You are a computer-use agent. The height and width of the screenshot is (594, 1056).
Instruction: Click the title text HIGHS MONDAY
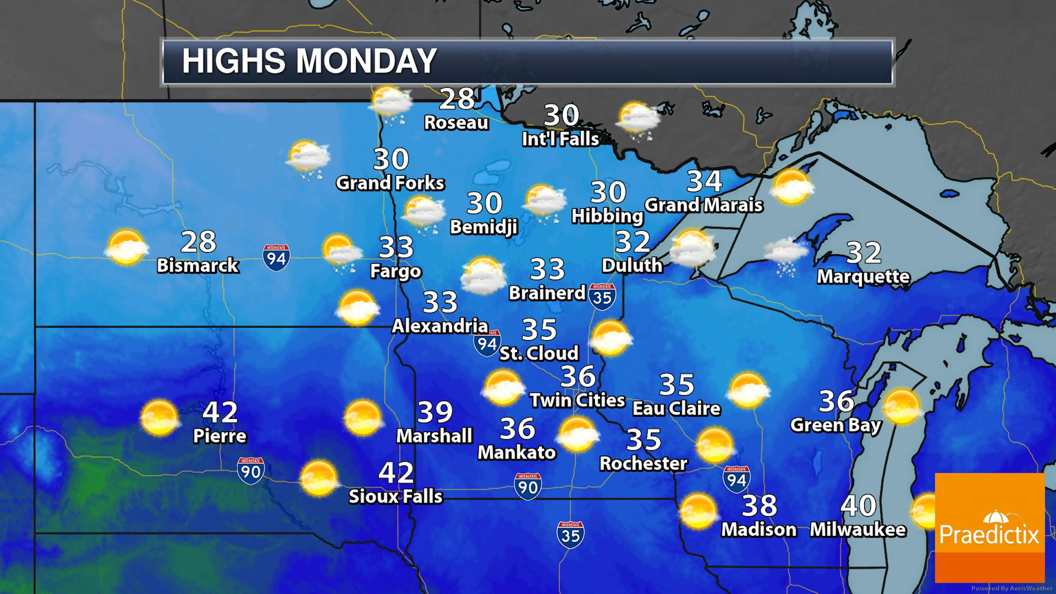pyautogui.click(x=309, y=61)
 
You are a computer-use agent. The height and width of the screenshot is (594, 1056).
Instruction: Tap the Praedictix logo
pyautogui.click(x=989, y=528)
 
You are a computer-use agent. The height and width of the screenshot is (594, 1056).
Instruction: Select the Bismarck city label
pyautogui.click(x=198, y=265)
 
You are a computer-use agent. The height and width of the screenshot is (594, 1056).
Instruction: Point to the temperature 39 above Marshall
pyautogui.click(x=435, y=412)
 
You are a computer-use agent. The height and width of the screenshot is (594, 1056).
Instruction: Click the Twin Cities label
pyautogui.click(x=577, y=400)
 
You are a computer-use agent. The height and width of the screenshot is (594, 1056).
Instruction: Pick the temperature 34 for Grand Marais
pyautogui.click(x=704, y=181)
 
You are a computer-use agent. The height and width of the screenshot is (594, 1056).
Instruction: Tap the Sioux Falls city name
pyautogui.click(x=396, y=496)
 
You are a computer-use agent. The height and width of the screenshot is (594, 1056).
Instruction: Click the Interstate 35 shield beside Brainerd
pyautogui.click(x=602, y=297)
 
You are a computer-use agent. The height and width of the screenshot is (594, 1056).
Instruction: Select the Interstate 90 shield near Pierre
pyautogui.click(x=251, y=470)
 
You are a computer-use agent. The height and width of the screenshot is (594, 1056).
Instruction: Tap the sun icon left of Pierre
pyautogui.click(x=159, y=417)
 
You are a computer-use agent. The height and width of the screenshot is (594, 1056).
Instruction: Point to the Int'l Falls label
pyautogui.click(x=561, y=139)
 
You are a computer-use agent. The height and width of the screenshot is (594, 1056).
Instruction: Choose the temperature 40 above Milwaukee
pyautogui.click(x=858, y=506)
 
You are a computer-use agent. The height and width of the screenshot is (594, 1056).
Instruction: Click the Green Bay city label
pyautogui.click(x=836, y=425)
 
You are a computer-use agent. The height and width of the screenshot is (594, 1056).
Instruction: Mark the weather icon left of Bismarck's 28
pyautogui.click(x=127, y=247)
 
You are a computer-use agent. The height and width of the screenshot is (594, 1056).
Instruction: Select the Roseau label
pyautogui.click(x=456, y=123)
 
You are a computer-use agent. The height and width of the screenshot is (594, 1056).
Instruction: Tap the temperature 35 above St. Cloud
pyautogui.click(x=539, y=329)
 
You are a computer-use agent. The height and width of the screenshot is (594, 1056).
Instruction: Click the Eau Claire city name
pyautogui.click(x=677, y=408)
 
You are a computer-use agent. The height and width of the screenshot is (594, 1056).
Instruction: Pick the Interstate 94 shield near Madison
pyautogui.click(x=737, y=479)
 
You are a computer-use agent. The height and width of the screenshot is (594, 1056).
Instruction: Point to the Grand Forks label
pyautogui.click(x=390, y=183)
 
